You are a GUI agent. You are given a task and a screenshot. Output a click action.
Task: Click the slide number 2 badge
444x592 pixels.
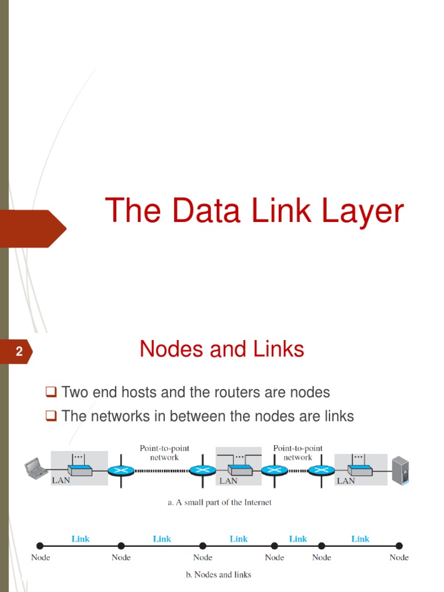19,351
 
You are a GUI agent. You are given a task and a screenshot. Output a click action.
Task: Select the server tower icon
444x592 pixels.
400,469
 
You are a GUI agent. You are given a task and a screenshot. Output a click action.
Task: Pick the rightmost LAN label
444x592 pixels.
346,480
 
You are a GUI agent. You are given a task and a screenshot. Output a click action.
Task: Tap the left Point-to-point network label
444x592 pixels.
164,453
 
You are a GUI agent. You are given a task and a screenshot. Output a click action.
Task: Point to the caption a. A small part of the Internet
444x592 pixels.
220,502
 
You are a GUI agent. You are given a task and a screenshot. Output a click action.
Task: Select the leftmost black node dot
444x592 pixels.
40,546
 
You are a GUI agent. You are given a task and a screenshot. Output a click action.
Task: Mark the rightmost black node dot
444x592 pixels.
399,546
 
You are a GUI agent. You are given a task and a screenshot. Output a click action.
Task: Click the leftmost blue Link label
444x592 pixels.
80,539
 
